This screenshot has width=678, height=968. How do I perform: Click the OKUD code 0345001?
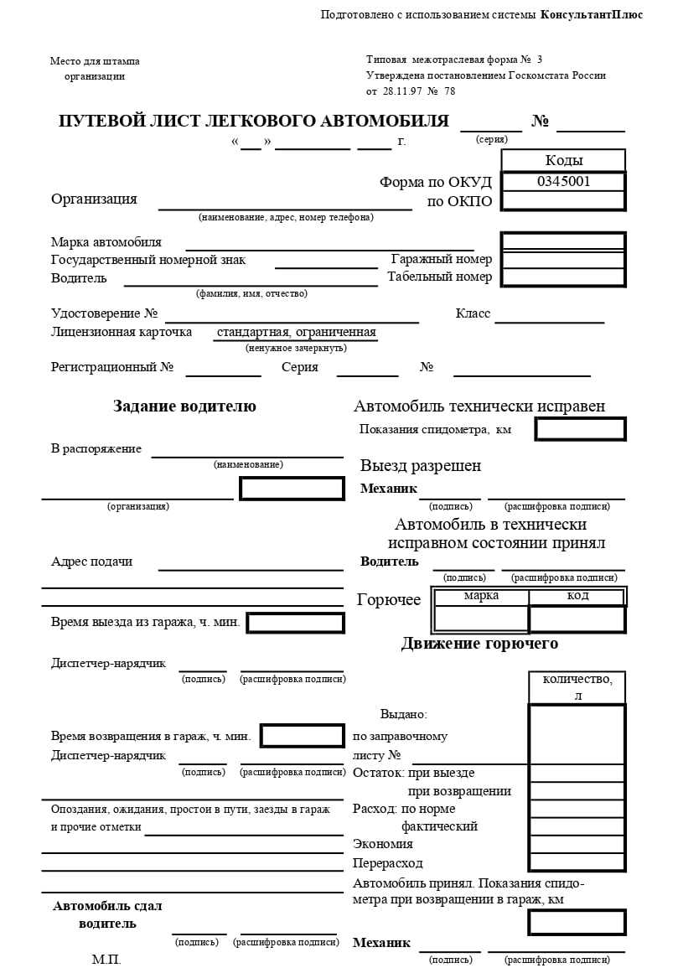563,181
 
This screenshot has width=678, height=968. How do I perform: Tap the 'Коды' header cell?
563,160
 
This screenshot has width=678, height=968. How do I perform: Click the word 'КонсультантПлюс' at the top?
592,15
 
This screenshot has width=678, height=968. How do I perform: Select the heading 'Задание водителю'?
184,406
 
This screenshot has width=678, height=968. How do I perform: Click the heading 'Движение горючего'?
479,644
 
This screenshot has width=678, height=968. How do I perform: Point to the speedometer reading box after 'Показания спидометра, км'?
580,429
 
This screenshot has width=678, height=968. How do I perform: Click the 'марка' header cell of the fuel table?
481,596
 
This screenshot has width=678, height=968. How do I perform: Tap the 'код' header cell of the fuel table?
577,596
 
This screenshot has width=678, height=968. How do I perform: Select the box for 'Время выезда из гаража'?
295,623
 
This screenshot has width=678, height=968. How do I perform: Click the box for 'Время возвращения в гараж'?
302,736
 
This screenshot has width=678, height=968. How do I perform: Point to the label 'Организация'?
94,199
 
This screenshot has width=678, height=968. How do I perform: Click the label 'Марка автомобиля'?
106,242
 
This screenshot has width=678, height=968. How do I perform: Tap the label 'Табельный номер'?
439,277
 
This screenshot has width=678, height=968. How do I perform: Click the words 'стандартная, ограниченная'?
296,332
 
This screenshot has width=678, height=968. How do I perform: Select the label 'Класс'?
473,313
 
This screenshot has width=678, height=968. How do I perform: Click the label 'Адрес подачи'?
91,562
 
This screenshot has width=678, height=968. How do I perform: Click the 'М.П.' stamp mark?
106,960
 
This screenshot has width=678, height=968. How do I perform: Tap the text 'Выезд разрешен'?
421,466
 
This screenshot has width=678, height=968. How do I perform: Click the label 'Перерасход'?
388,862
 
